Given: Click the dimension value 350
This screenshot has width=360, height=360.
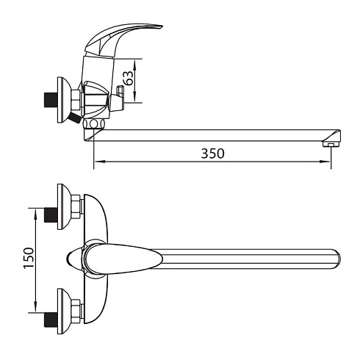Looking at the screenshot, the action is coord(212,154).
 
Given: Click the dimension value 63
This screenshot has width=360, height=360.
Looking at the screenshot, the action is coord(129,78).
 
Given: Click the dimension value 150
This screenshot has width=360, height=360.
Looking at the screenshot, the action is coord(29,258).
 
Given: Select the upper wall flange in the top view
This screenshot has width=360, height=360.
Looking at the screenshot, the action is coord(63,207).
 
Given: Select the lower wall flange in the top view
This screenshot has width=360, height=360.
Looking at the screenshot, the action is coord(63,312).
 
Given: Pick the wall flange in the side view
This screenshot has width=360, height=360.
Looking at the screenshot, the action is coord(63,100).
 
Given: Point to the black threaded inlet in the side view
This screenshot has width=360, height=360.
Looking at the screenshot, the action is coord(51,100).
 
